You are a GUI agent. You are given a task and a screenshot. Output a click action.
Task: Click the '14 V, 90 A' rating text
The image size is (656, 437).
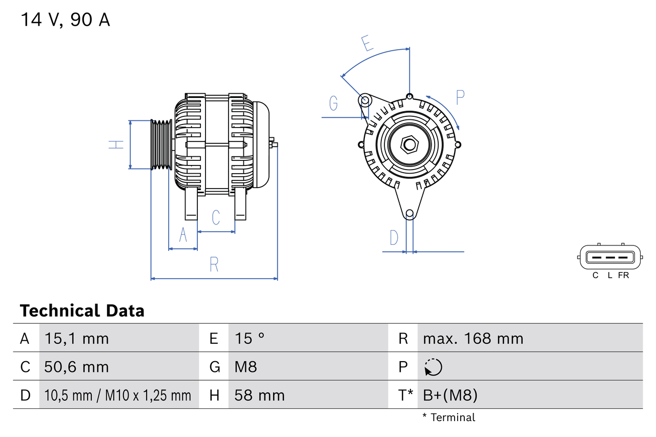65,20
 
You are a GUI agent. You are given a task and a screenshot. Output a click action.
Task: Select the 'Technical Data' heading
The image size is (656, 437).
82,310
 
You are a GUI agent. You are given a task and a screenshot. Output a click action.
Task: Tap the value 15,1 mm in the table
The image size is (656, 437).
76,338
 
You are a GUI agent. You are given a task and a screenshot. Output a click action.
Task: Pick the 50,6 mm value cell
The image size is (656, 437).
76,367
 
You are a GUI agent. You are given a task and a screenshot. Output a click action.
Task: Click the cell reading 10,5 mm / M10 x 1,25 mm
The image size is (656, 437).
117,395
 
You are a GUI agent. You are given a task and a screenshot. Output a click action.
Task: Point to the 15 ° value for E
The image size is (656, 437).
250,338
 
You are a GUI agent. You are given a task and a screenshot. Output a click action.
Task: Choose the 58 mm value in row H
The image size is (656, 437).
259,395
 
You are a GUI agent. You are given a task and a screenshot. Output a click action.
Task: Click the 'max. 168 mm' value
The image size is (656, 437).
473,338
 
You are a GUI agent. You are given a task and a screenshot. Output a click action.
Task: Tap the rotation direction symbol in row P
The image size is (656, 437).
433,367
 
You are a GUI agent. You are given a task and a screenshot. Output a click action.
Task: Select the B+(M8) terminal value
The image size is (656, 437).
450,395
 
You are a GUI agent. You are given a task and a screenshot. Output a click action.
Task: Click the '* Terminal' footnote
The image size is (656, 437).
448,418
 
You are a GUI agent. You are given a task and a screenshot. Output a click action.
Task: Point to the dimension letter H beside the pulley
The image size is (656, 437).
117,144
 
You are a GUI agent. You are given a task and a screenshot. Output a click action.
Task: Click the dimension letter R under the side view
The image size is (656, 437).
214,264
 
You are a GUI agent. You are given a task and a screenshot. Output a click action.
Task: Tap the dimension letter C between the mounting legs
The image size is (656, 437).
216,217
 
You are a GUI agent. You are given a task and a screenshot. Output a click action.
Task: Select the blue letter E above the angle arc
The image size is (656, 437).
366,44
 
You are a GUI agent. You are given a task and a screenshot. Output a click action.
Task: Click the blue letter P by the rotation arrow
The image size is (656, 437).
460,97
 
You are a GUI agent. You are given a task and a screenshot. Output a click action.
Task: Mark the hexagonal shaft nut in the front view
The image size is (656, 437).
409,144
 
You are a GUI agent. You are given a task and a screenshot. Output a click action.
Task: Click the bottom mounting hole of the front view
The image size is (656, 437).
409,213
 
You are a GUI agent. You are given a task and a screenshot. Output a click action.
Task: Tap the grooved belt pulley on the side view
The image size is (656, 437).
161,144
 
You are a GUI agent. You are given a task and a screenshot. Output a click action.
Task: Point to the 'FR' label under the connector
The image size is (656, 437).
623,275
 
